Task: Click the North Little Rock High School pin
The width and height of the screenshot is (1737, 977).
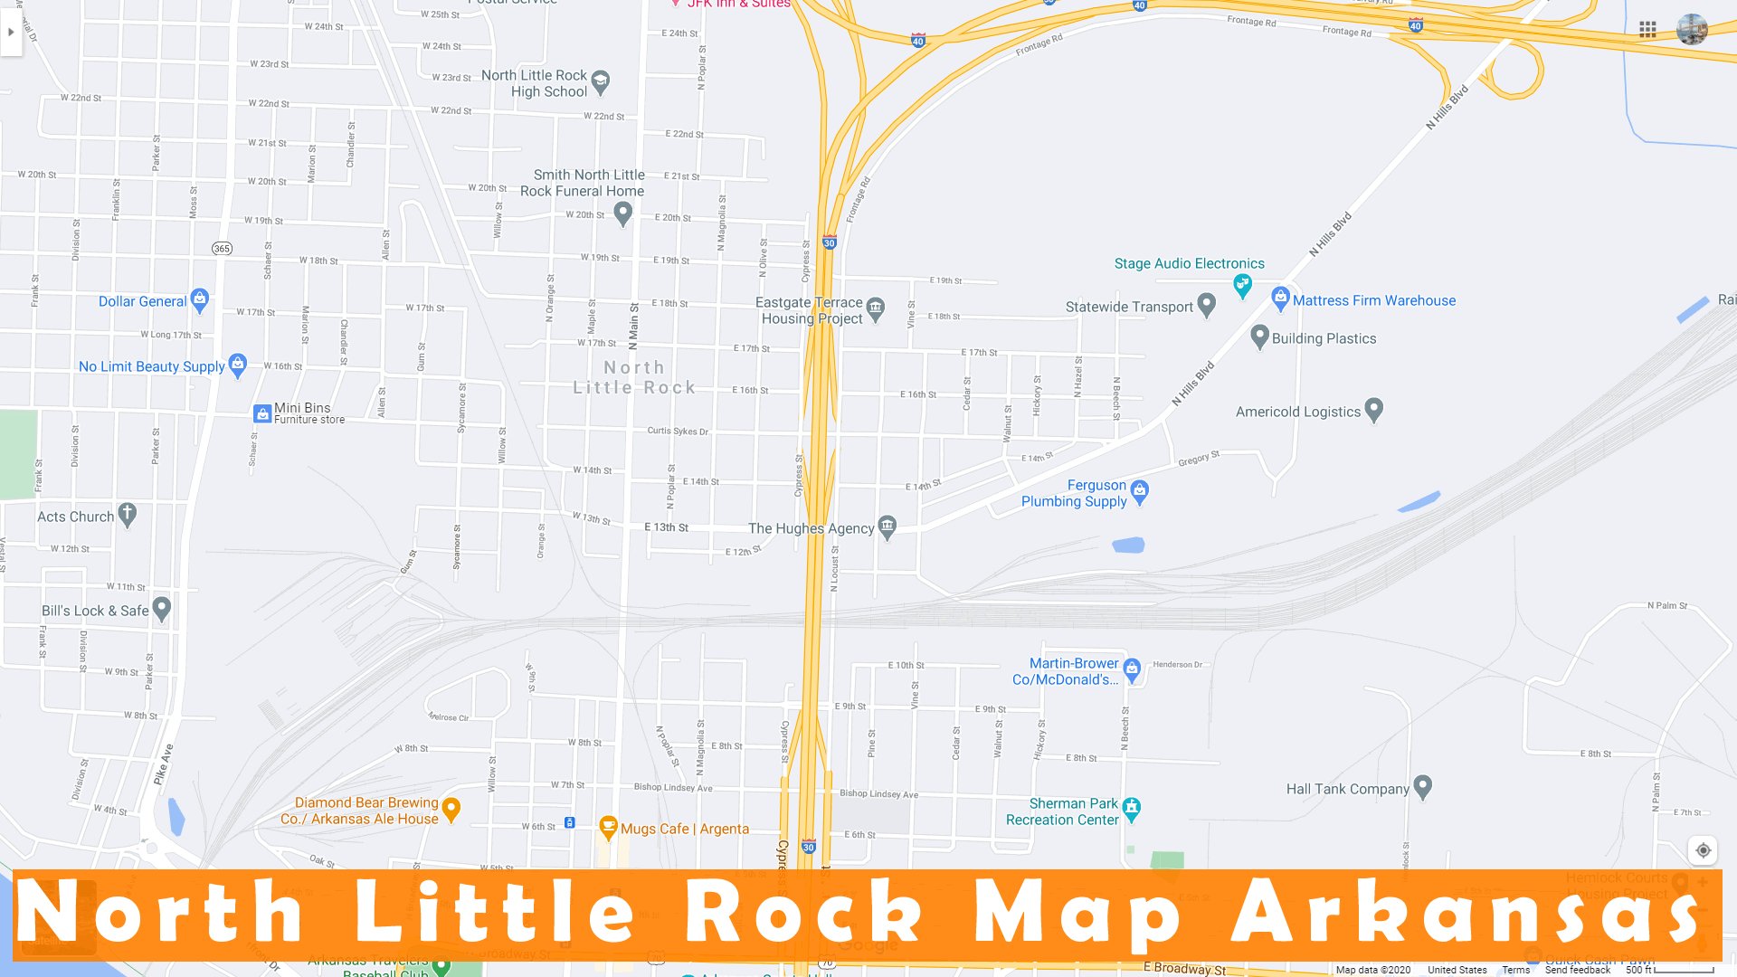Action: pyautogui.click(x=600, y=82)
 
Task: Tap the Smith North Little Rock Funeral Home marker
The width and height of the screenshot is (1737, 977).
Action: pyautogui.click(x=622, y=213)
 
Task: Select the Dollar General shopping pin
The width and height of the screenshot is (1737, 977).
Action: pyautogui.click(x=200, y=299)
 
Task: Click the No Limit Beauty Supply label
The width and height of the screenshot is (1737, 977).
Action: pyautogui.click(x=151, y=366)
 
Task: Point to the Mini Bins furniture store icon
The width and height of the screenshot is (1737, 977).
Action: pyautogui.click(x=262, y=413)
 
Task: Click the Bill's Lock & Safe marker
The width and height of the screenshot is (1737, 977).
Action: pyautogui.click(x=162, y=609)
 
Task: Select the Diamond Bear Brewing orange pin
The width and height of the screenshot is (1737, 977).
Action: pyautogui.click(x=451, y=809)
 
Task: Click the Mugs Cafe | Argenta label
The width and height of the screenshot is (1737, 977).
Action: pyautogui.click(x=684, y=829)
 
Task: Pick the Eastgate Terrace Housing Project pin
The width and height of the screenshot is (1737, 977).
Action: pyautogui.click(x=875, y=308)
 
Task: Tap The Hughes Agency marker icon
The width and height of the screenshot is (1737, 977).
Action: pyautogui.click(x=887, y=526)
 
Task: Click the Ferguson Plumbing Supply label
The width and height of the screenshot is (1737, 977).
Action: pyautogui.click(x=1074, y=493)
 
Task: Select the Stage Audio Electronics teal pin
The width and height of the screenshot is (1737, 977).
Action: pyautogui.click(x=1243, y=286)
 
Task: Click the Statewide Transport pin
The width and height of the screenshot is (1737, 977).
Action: pyautogui.click(x=1206, y=305)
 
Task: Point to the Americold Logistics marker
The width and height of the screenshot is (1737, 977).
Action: pyautogui.click(x=1373, y=410)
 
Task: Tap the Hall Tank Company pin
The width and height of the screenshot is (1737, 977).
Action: pyautogui.click(x=1422, y=787)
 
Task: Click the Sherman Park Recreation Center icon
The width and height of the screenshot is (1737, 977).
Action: pyautogui.click(x=1132, y=809)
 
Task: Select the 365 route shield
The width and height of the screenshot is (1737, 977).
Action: pyautogui.click(x=222, y=248)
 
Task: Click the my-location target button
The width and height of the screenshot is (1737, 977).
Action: pyautogui.click(x=1703, y=850)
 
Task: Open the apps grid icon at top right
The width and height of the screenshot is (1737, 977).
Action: pyautogui.click(x=1647, y=30)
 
